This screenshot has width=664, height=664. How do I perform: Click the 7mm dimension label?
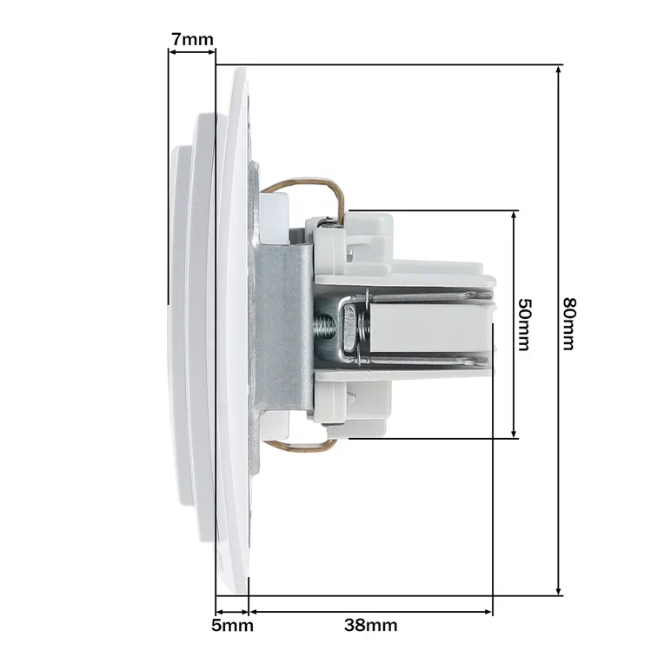(192, 39)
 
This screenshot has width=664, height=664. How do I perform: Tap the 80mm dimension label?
(569, 324)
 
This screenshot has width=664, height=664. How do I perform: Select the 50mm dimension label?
(524, 325)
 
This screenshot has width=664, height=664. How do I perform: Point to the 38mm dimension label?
(370, 625)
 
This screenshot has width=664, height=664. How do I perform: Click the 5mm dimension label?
(232, 625)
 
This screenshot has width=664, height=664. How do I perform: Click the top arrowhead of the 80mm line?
(559, 70)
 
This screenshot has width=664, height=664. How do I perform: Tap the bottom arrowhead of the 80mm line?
(559, 590)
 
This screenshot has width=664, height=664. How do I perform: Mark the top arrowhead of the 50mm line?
(514, 216)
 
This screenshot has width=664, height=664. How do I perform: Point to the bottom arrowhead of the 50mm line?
(514, 433)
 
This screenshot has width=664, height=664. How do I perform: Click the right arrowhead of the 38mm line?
(488, 612)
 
